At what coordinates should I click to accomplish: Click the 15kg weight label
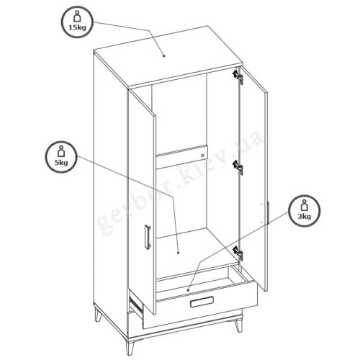pos(77,27)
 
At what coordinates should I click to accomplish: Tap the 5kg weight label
pos(61,163)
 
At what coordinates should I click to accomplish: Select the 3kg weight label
pos(305,217)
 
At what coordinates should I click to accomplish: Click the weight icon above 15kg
pos(77,17)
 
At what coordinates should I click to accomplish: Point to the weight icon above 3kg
pos(305,205)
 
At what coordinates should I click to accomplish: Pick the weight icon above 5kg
pos(61,151)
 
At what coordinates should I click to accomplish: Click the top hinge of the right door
pos(238,76)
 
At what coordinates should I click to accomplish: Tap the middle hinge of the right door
pos(238,167)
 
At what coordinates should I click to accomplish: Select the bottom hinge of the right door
pos(238,253)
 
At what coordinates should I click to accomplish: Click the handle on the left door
pos(148,237)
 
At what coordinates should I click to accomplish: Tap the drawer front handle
pos(202,302)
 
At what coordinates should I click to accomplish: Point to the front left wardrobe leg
pos(129,346)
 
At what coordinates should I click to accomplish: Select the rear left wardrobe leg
pos(98,315)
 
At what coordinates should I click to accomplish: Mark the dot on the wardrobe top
pos(164,56)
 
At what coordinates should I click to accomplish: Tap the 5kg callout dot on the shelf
pos(178,253)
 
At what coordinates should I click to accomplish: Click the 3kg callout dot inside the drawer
pos(188,290)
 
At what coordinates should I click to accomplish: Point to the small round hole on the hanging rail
pos(203,156)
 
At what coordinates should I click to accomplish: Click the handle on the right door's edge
pos(268,213)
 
